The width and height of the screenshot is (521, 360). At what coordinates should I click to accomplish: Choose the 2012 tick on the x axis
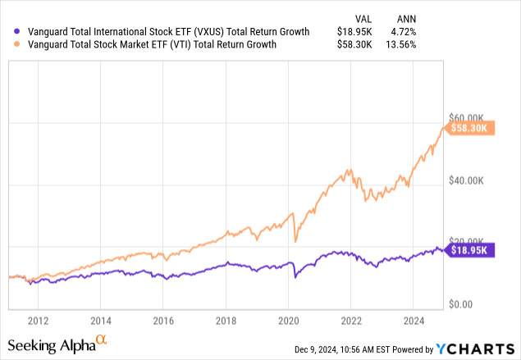coord(38,321)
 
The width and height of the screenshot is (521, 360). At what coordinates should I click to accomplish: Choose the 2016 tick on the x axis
coord(163,321)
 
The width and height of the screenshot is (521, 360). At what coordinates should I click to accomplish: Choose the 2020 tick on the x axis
coord(289,321)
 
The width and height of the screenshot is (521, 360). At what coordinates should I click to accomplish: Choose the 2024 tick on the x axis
coord(414,321)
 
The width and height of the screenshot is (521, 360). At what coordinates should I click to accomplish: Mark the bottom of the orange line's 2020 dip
coord(295,241)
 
